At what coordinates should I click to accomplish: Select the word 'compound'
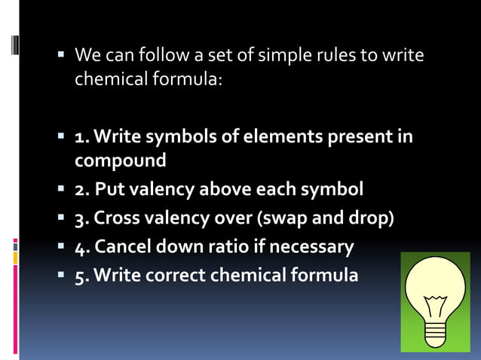coord(121,161)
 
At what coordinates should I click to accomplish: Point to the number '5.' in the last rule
coord(82,274)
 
